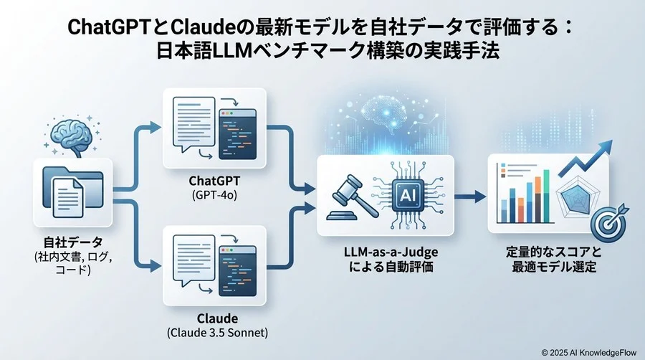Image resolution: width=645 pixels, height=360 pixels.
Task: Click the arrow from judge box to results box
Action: pos(469,196)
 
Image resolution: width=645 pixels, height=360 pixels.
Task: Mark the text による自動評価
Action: pos(386,268)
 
